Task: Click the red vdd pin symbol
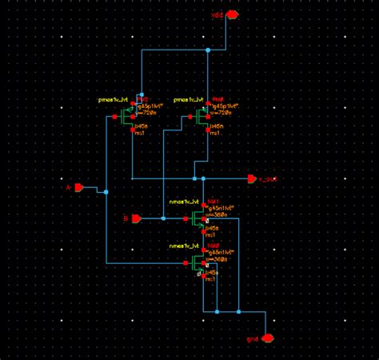click(x=233, y=14)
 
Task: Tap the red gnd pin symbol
click(x=269, y=338)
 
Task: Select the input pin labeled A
click(x=78, y=187)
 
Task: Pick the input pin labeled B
click(x=136, y=218)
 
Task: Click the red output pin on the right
click(x=250, y=178)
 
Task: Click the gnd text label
click(x=253, y=339)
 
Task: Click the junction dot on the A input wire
click(x=106, y=192)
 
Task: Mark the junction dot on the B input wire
click(x=163, y=218)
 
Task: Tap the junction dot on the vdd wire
click(x=207, y=50)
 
